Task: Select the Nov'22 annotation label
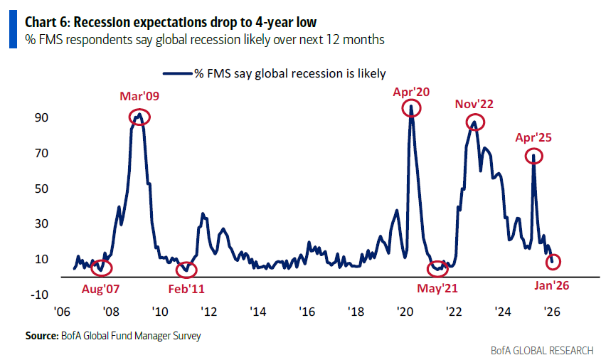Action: (474, 104)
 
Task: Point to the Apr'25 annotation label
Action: (533, 138)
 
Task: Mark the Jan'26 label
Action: (552, 285)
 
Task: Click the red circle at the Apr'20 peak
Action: (411, 108)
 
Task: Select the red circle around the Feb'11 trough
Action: (186, 269)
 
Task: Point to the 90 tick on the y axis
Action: (43, 117)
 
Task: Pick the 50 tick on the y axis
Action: (43, 189)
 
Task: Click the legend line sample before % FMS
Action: (177, 73)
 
